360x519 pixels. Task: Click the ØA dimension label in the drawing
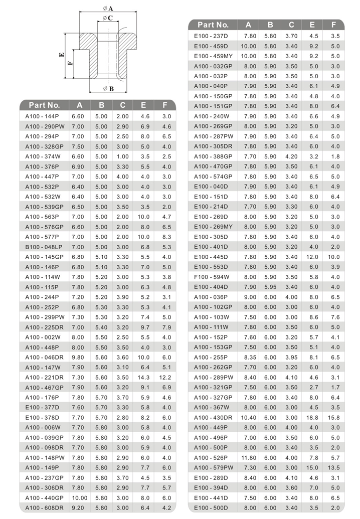(x=107, y=8)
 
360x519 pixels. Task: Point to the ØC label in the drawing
(x=108, y=18)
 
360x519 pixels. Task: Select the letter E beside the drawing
(x=61, y=56)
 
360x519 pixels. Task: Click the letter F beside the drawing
(x=70, y=63)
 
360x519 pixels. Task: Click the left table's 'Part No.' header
(x=45, y=105)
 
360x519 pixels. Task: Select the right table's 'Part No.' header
(x=213, y=25)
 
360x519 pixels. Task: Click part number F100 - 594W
(x=211, y=277)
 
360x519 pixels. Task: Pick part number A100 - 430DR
(x=213, y=417)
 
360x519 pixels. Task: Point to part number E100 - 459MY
(x=213, y=56)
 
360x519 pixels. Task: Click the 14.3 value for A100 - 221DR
(x=143, y=377)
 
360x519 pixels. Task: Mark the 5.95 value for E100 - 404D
(x=270, y=287)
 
